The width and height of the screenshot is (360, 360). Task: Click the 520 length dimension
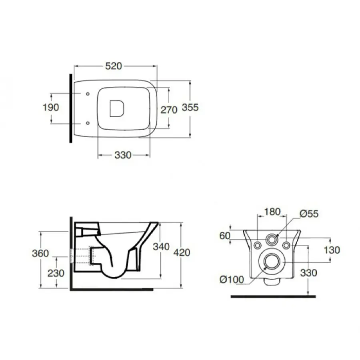[x=114, y=66]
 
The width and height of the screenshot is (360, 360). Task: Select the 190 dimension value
[x=51, y=107]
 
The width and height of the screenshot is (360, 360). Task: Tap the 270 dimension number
[x=169, y=110]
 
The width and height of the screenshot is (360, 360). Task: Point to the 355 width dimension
[x=190, y=107]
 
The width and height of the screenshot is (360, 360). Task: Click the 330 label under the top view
[x=123, y=155]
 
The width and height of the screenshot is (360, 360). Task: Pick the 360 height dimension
[x=40, y=253]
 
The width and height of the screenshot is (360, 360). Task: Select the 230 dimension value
[x=56, y=273]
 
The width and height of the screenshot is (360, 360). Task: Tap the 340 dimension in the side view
[x=161, y=246]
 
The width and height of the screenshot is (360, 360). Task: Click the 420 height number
[x=182, y=252]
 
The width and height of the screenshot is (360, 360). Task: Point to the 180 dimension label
[x=272, y=212]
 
